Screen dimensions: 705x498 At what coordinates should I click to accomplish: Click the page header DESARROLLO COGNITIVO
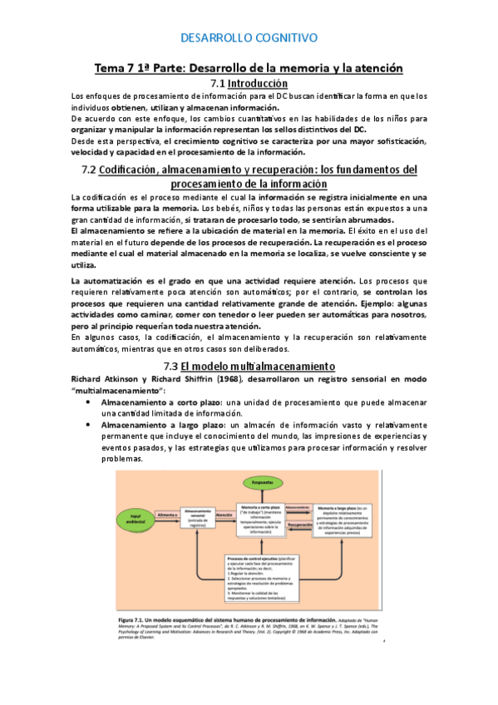[x=249, y=37]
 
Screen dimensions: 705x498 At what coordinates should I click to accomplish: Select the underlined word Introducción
[x=258, y=83]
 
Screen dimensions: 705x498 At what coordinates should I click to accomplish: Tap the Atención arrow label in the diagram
[x=224, y=515]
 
